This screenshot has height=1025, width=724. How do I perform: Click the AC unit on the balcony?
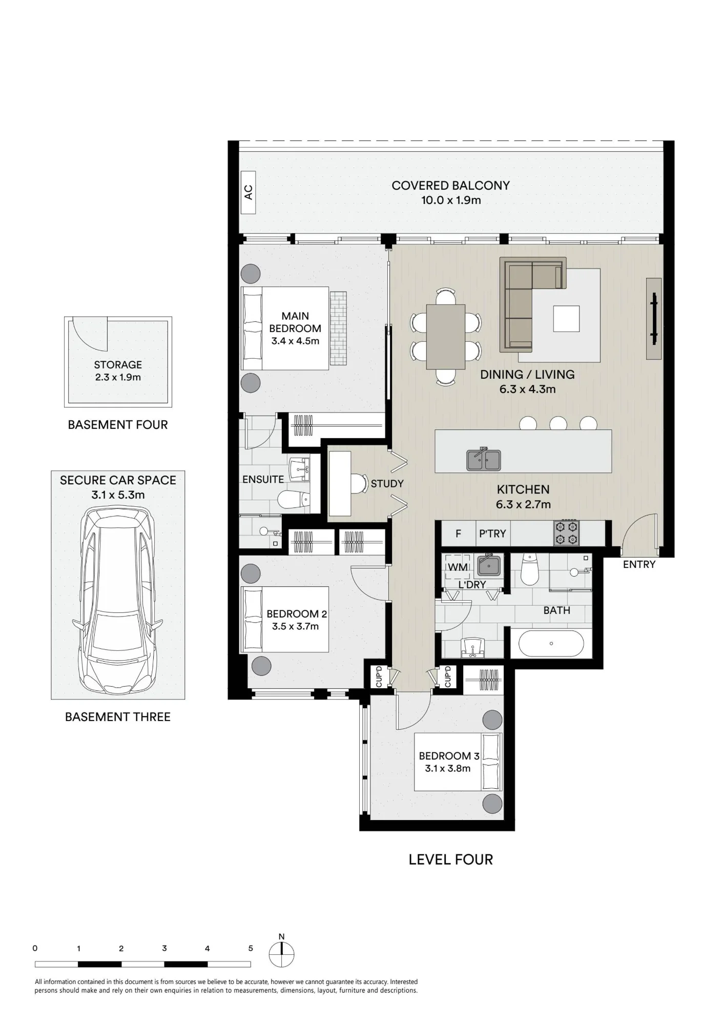pos(249,192)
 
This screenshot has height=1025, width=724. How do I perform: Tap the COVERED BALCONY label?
pos(451,186)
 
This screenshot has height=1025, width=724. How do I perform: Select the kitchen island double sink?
pos(483,459)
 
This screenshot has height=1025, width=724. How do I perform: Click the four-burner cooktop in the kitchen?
pos(566,532)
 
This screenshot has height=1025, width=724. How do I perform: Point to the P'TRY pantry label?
pos(492,534)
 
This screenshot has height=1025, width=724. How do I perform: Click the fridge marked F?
pos(458,534)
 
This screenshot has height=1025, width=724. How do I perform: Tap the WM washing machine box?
pos(458,567)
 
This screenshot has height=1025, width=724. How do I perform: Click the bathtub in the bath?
pos(551,643)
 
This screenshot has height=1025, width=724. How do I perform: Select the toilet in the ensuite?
pos(294,499)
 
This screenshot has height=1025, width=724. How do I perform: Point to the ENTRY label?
pos(639,564)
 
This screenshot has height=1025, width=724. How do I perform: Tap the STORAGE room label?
pos(118,365)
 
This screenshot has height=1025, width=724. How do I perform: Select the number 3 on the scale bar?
pos(164,949)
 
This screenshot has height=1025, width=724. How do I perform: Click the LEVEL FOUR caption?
pos(451,859)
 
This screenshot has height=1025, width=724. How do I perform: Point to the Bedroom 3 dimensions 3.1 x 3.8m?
pos(448,768)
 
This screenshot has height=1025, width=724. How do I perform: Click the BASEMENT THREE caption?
pos(118,716)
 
